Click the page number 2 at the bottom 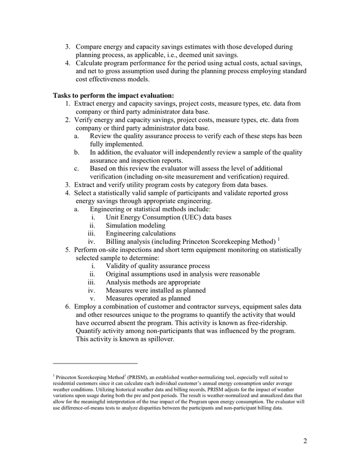tap(305, 441)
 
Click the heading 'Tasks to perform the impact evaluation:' tap(113, 95)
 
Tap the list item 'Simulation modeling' tap(136, 226)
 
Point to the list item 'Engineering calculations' tap(141, 234)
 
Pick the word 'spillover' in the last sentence tap(159, 340)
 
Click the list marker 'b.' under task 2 tap(77, 152)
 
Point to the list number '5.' tap(68, 250)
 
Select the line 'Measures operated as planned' tap(148, 298)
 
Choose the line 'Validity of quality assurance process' tap(158, 266)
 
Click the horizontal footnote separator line tap(95, 363)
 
